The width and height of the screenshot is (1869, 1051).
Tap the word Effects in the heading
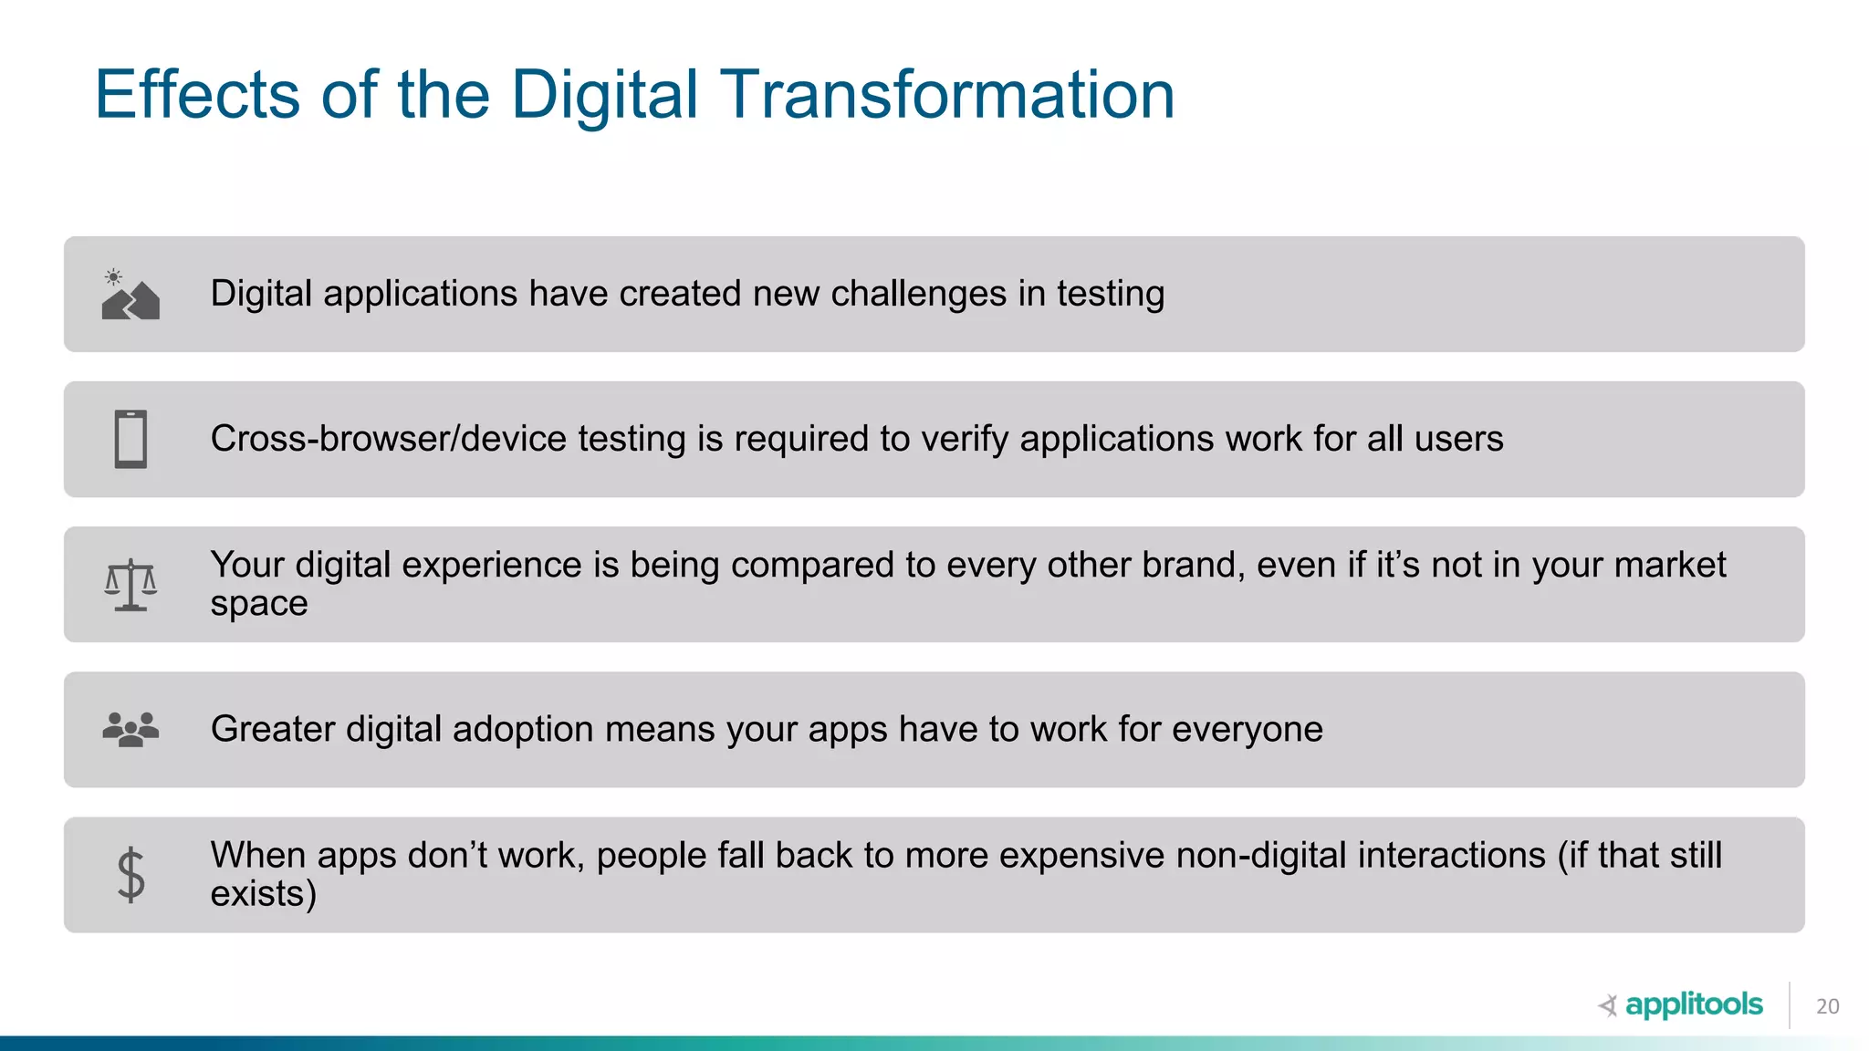tap(197, 95)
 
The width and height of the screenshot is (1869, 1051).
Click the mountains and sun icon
tap(131, 295)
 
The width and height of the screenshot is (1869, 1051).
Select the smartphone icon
tap(131, 439)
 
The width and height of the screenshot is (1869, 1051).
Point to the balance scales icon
tap(131, 585)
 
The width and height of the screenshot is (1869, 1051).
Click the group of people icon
tap(131, 730)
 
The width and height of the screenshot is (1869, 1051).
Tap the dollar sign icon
tap(131, 875)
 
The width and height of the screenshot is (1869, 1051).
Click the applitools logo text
tap(1693, 1004)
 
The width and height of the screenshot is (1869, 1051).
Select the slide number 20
tap(1827, 1006)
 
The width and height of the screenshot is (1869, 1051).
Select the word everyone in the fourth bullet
tap(1247, 729)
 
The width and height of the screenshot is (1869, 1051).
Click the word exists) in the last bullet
tap(263, 894)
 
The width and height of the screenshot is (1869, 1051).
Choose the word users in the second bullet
tap(1458, 439)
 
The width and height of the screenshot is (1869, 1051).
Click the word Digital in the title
tap(603, 95)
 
